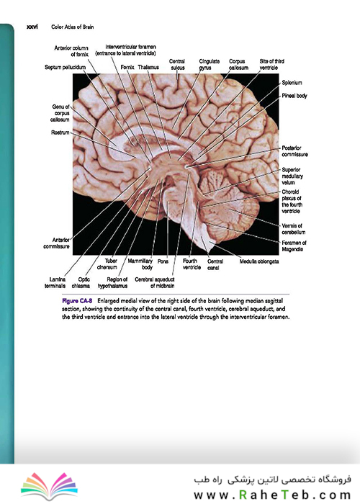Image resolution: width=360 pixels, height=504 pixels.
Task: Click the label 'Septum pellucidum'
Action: click(66, 67)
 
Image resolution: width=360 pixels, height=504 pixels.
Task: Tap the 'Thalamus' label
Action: click(148, 67)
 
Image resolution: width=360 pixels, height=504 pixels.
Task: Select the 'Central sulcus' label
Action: click(177, 64)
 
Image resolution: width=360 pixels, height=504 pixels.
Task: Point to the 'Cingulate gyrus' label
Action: click(210, 64)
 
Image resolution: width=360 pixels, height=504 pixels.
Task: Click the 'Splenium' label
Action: click(292, 83)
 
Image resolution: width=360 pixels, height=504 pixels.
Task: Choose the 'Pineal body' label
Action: click(294, 96)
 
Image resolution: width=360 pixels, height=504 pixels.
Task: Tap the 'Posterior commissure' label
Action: click(294, 151)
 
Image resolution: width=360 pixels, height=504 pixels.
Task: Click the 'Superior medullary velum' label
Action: click(292, 176)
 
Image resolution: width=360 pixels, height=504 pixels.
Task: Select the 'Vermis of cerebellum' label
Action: click(294, 229)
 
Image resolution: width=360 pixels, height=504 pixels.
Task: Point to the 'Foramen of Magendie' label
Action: click(294, 246)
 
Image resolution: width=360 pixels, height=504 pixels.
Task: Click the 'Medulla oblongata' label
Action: click(259, 261)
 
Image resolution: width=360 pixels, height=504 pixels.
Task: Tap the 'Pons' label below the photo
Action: click(163, 261)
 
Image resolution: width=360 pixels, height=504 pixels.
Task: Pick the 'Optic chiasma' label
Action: click(81, 282)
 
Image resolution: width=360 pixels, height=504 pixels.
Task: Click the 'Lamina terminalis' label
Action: click(55, 282)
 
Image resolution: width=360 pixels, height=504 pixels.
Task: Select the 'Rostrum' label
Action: click(60, 132)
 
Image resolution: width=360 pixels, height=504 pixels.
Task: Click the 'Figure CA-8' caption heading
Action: click(77, 301)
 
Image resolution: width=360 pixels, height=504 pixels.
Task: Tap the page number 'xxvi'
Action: click(32, 27)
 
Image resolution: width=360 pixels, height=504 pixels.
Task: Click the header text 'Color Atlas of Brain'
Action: click(73, 27)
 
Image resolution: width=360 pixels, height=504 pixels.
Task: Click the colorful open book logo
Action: click(49, 486)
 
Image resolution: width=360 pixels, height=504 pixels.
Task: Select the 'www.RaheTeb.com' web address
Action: click(272, 495)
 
